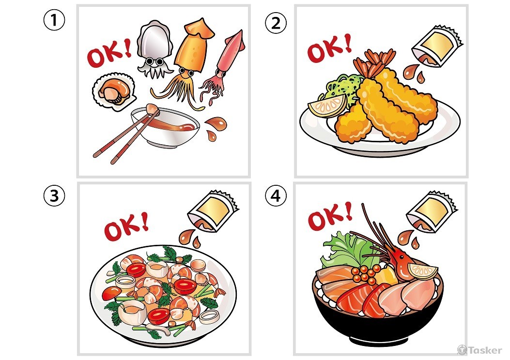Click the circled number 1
pos(54,20)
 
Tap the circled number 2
pos(276,23)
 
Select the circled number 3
pos(54,196)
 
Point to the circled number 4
pos(276,196)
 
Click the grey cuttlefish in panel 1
pos(154,49)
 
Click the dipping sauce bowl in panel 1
pos(165,127)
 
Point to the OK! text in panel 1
pos(109,54)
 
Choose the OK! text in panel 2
pos(330,48)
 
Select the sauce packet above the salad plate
pos(213,211)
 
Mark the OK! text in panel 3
pos(126,226)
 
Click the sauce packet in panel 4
pos(432,212)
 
